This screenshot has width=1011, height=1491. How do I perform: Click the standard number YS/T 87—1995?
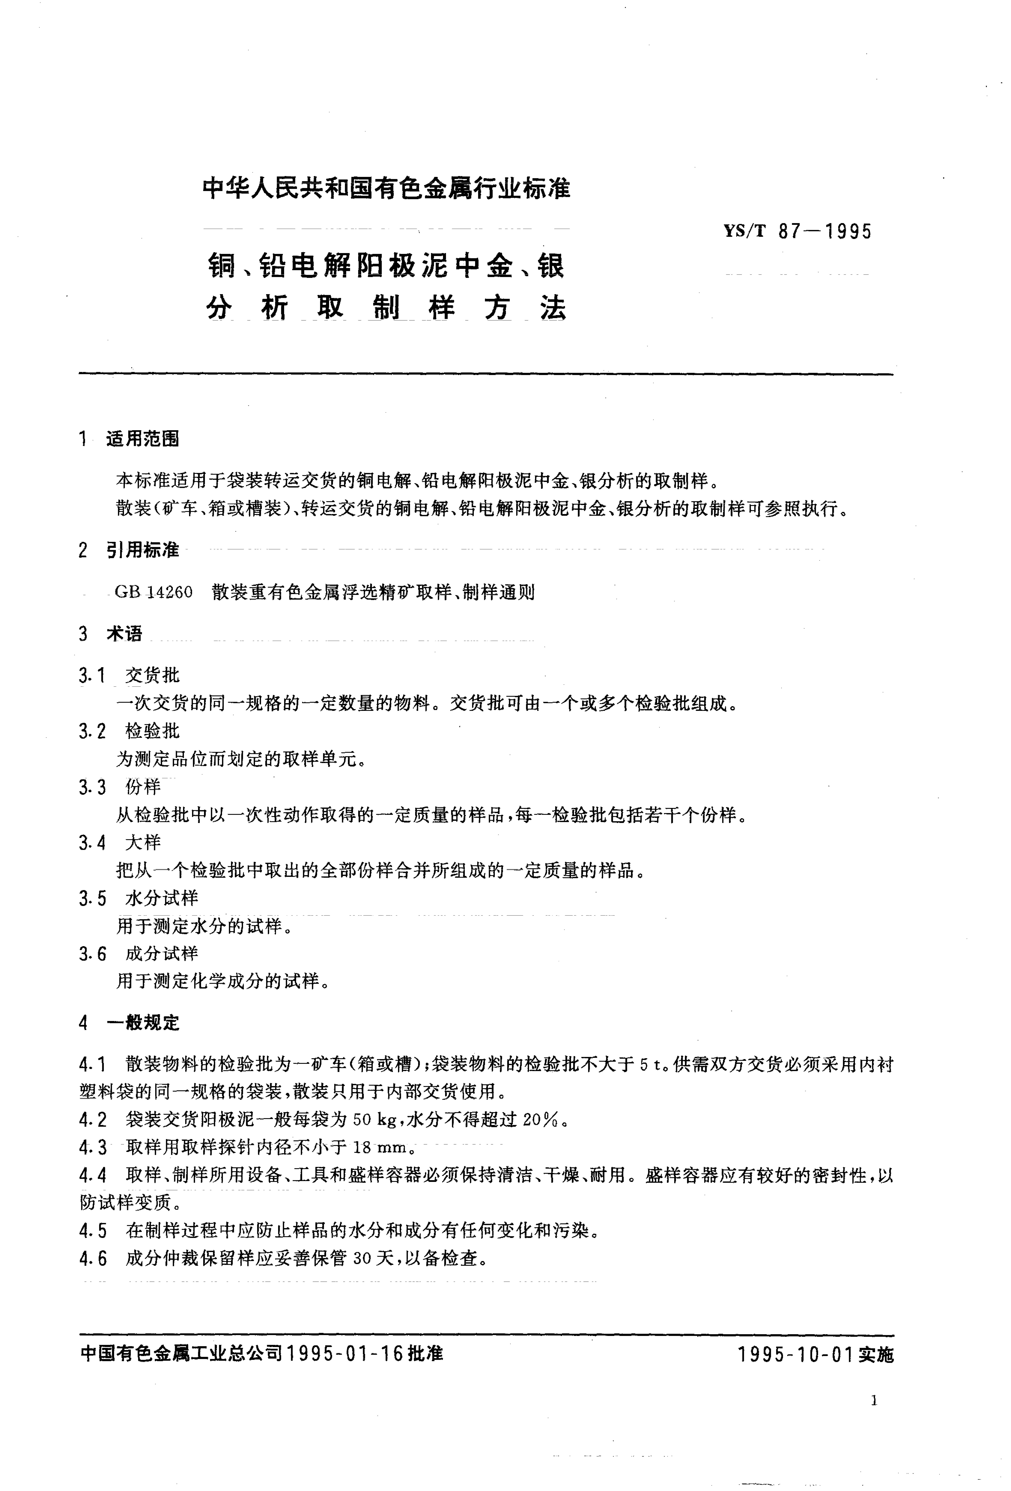click(x=798, y=231)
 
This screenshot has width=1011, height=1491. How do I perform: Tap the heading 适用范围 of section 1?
click(x=142, y=439)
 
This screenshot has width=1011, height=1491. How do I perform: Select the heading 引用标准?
click(x=142, y=550)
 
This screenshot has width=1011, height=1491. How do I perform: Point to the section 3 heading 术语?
click(x=125, y=634)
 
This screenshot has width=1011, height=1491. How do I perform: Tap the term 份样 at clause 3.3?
click(x=143, y=786)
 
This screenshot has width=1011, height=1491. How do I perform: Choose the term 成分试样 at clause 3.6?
click(x=162, y=953)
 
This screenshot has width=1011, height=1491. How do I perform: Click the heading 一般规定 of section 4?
click(x=142, y=1023)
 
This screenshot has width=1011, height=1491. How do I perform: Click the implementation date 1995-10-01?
click(x=795, y=1354)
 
